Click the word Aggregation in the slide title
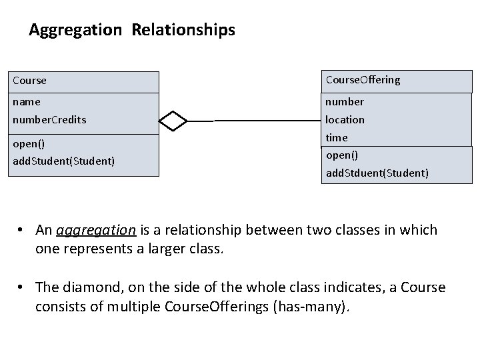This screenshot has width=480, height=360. click(75, 30)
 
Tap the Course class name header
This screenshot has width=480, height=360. click(30, 81)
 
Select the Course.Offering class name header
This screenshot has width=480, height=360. click(363, 80)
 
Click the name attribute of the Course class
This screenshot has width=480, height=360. click(27, 102)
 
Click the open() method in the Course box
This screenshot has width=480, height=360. click(31, 144)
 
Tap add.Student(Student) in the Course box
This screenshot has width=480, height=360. click(64, 161)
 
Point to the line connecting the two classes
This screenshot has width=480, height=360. click(267, 121)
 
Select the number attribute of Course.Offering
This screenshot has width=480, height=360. click(345, 102)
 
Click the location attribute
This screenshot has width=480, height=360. click(345, 120)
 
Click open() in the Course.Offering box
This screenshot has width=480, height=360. click(342, 155)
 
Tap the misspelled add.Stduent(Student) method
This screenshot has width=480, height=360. click(377, 173)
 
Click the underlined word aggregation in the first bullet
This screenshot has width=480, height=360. click(97, 230)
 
